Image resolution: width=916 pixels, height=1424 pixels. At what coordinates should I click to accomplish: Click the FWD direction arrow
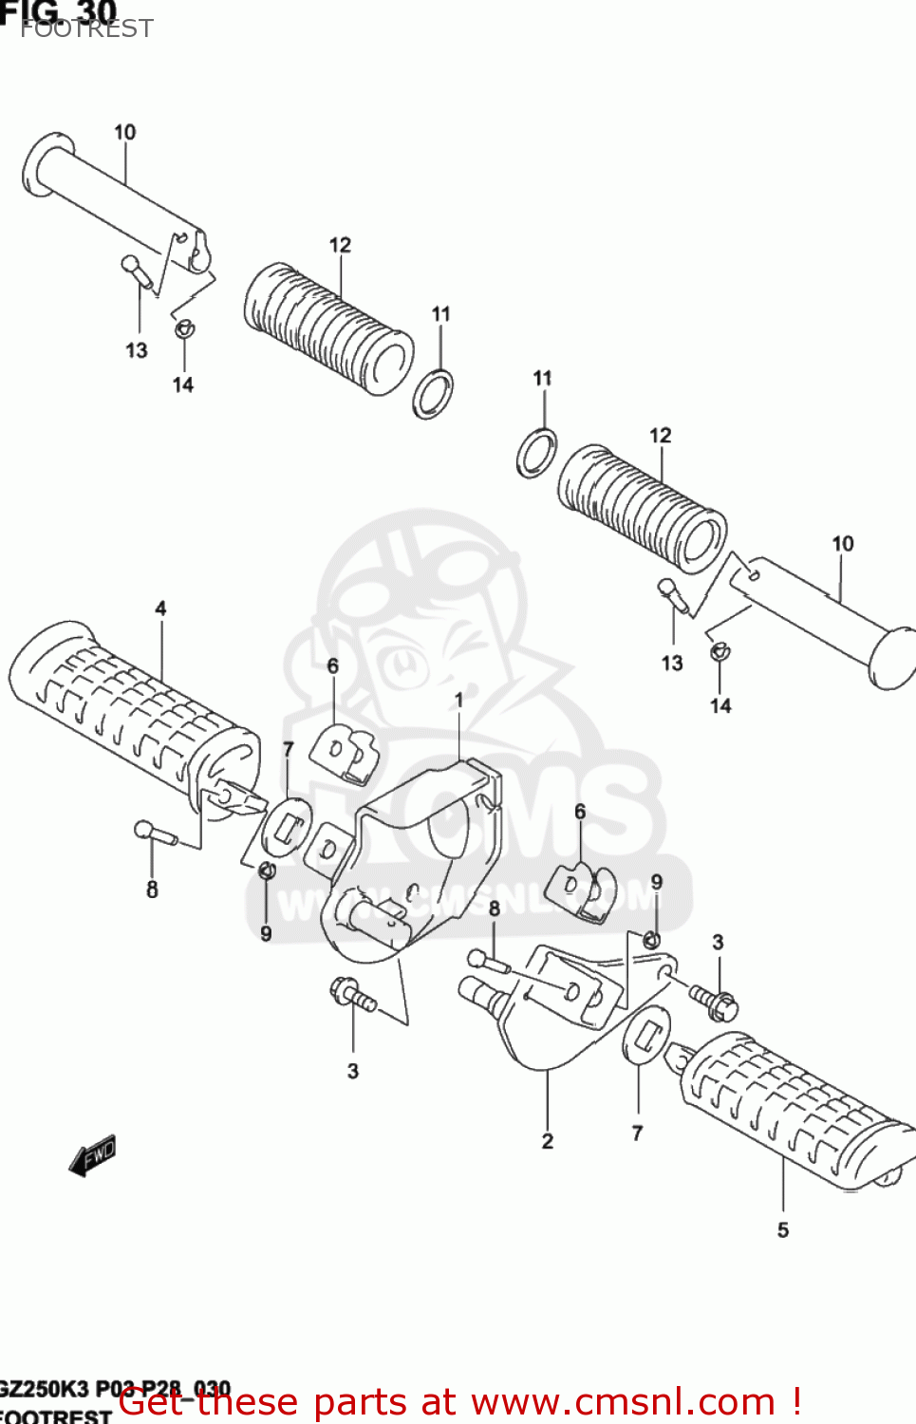93,1155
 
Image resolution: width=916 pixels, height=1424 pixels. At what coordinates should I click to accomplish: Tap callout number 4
160,609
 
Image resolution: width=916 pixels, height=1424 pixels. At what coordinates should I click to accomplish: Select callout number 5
782,1230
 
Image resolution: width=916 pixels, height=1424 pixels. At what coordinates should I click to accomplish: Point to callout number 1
458,700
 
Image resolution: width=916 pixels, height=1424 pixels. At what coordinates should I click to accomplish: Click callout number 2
547,1141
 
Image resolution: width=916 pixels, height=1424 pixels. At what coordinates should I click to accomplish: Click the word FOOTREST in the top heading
86,29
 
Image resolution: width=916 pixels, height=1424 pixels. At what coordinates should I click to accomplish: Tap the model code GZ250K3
43,1389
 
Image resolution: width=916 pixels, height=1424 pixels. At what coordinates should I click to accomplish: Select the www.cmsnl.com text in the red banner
623,1401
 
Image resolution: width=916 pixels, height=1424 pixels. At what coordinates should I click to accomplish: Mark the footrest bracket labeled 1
418,854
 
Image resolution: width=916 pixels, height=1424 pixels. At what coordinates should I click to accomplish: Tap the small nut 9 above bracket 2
651,940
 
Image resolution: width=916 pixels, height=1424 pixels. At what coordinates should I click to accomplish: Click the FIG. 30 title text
59,11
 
